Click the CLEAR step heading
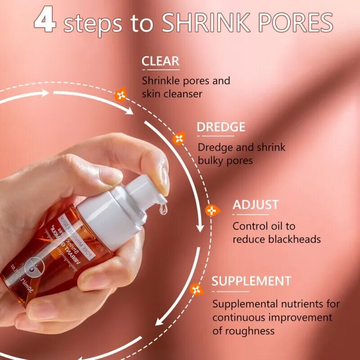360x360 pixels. point(160,61)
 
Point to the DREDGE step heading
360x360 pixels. point(221,127)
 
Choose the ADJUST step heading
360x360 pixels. point(256,205)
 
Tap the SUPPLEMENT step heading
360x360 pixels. point(251,281)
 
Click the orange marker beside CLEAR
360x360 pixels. point(121,94)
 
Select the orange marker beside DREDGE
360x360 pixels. point(179,138)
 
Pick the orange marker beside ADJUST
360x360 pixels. point(212,210)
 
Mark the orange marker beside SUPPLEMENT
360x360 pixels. point(196,289)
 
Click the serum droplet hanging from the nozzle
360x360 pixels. point(163,208)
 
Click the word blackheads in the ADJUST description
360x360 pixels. point(294,239)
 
